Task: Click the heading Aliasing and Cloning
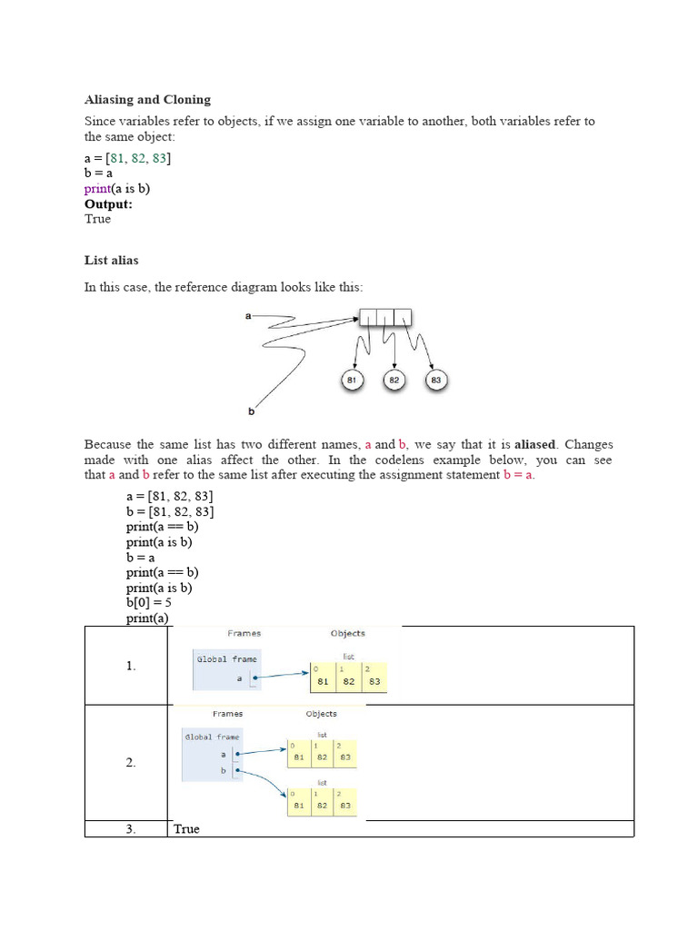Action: (147, 99)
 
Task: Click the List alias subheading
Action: (111, 260)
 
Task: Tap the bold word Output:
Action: (108, 203)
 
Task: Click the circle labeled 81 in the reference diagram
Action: (353, 380)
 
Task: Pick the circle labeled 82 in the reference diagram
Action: (394, 380)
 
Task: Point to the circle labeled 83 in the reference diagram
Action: (436, 380)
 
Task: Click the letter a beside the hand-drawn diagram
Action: (248, 316)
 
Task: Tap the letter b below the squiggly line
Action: (252, 411)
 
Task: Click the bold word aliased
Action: (536, 444)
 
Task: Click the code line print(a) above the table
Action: (147, 618)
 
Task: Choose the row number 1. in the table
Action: (131, 666)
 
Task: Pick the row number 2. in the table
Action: (131, 763)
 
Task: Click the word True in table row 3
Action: (186, 828)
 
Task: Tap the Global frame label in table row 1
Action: (227, 659)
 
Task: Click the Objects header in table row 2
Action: (322, 714)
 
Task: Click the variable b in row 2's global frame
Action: (222, 772)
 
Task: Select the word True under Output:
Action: (97, 219)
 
